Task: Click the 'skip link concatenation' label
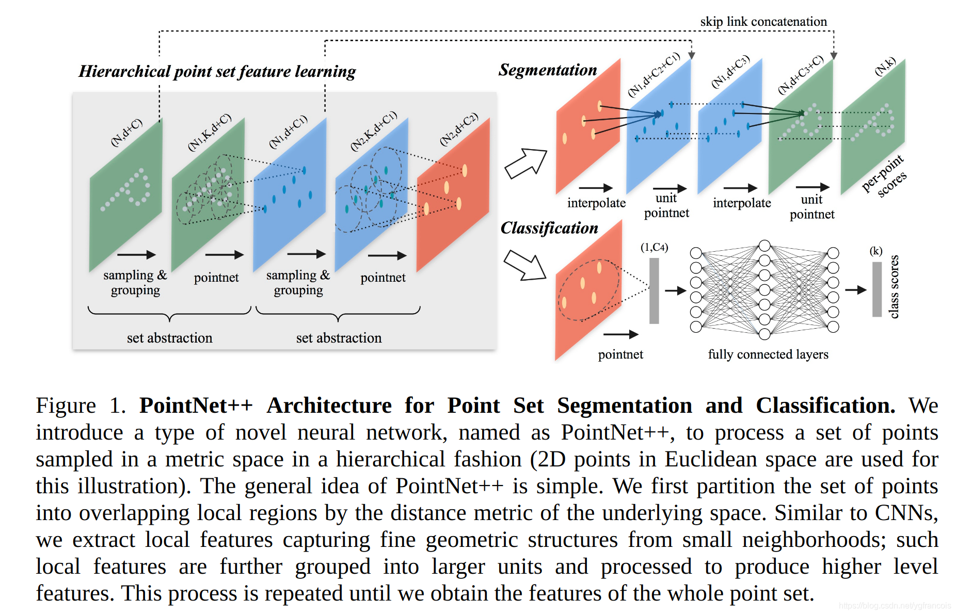pyautogui.click(x=763, y=22)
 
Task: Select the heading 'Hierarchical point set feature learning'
pyautogui.click(x=217, y=71)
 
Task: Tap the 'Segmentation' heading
pyautogui.click(x=547, y=70)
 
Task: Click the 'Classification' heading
pyautogui.click(x=549, y=228)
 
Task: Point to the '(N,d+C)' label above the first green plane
pyautogui.click(x=126, y=133)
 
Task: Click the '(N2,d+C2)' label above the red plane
pyautogui.click(x=459, y=129)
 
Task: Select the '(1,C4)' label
pyautogui.click(x=654, y=247)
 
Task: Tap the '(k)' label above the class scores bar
pyautogui.click(x=876, y=251)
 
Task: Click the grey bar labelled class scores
pyautogui.click(x=877, y=289)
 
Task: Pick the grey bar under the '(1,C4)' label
pyautogui.click(x=654, y=290)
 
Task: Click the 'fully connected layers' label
pyautogui.click(x=768, y=354)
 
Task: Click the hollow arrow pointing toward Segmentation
pyautogui.click(x=525, y=163)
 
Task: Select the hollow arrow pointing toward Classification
pyautogui.click(x=524, y=265)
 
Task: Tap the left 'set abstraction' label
pyautogui.click(x=169, y=338)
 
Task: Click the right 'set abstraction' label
pyautogui.click(x=339, y=338)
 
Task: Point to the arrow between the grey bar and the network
pyautogui.click(x=675, y=291)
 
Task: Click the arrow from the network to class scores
pyautogui.click(x=855, y=290)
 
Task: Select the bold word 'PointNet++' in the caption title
pyautogui.click(x=196, y=406)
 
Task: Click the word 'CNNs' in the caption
pyautogui.click(x=905, y=513)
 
